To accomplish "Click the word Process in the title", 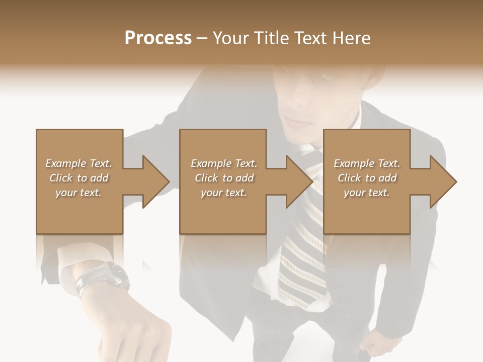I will [158, 38].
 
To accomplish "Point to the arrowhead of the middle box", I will [299, 182].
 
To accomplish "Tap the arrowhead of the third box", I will [443, 182].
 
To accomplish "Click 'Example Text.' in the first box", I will [78, 163].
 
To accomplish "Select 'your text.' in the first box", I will [78, 193].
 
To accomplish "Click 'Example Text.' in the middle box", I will [224, 163].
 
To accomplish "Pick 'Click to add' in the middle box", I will [224, 178].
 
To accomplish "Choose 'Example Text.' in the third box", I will [367, 163].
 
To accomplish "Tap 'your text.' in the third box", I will [367, 193].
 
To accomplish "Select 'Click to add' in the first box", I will [78, 178].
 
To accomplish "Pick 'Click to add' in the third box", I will [367, 178].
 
